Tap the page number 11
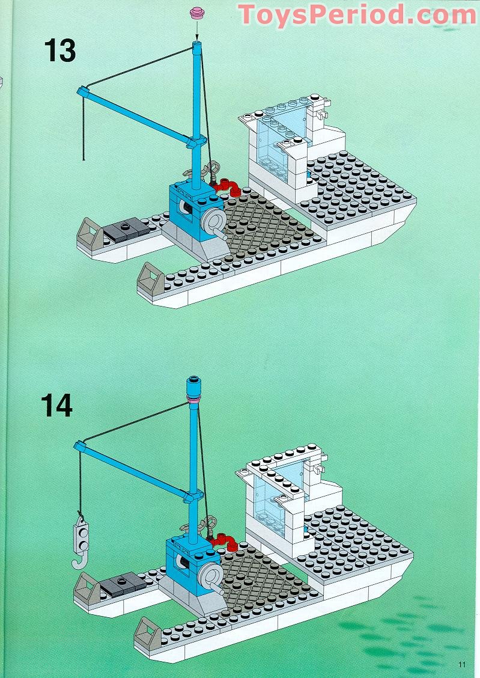coord(461,664)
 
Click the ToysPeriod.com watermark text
coord(357,14)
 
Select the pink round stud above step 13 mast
coord(196,13)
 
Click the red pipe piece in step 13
coord(227,187)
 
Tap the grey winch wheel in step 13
coord(213,224)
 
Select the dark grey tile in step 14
coord(121,582)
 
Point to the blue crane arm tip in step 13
coord(82,91)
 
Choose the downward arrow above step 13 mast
coord(196,31)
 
